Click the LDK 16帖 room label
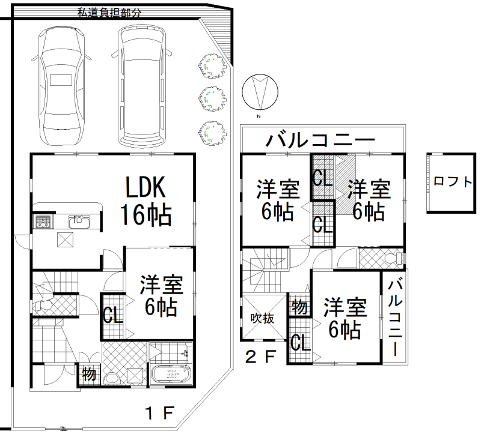point(146,200)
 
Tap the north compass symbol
point(260,92)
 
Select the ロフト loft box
point(452,182)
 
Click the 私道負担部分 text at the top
point(109,13)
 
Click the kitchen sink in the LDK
point(79,222)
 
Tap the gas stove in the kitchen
point(43,222)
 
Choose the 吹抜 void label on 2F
point(262,318)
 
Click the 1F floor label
point(160,413)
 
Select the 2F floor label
point(261,356)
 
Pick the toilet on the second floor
point(395,258)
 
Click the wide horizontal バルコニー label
point(320,140)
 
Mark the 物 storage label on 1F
point(89,374)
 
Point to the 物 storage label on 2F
point(299,307)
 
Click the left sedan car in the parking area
point(61,86)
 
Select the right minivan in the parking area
point(141,86)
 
